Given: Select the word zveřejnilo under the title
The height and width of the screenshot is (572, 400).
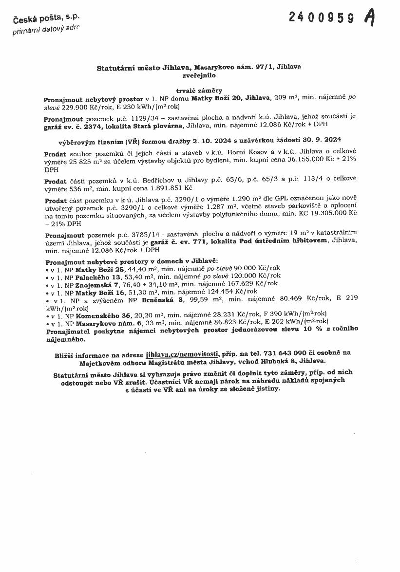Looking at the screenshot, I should pos(199,76).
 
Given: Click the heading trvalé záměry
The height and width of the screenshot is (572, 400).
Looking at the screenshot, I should pos(199,90).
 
